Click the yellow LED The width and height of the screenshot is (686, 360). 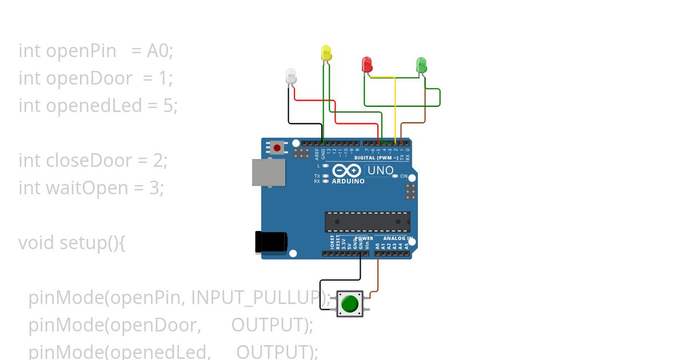[x=326, y=54]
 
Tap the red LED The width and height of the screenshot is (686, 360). [x=367, y=64]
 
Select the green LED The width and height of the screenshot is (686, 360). [x=421, y=64]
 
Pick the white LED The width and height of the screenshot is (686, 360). [x=291, y=76]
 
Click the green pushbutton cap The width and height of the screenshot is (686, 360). [x=349, y=303]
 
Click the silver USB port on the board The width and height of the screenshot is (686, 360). [x=269, y=173]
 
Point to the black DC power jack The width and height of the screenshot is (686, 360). [x=270, y=242]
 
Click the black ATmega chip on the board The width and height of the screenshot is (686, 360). [x=367, y=222]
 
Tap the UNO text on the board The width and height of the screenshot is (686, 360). [x=380, y=170]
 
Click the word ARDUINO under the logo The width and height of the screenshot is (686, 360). [x=348, y=181]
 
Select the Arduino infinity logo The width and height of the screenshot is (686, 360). [x=347, y=170]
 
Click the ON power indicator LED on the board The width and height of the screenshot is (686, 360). [x=395, y=176]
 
